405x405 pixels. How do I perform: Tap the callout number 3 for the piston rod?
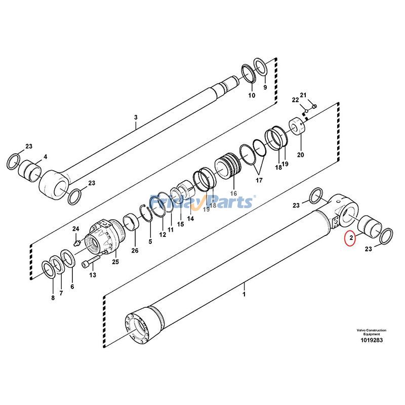(x=136, y=118)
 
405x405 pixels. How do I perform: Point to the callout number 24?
(x=76, y=229)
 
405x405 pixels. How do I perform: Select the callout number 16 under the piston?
(x=233, y=193)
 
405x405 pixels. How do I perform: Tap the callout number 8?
(x=53, y=298)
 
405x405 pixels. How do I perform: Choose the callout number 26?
(x=135, y=250)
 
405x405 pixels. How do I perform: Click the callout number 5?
(x=150, y=241)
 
